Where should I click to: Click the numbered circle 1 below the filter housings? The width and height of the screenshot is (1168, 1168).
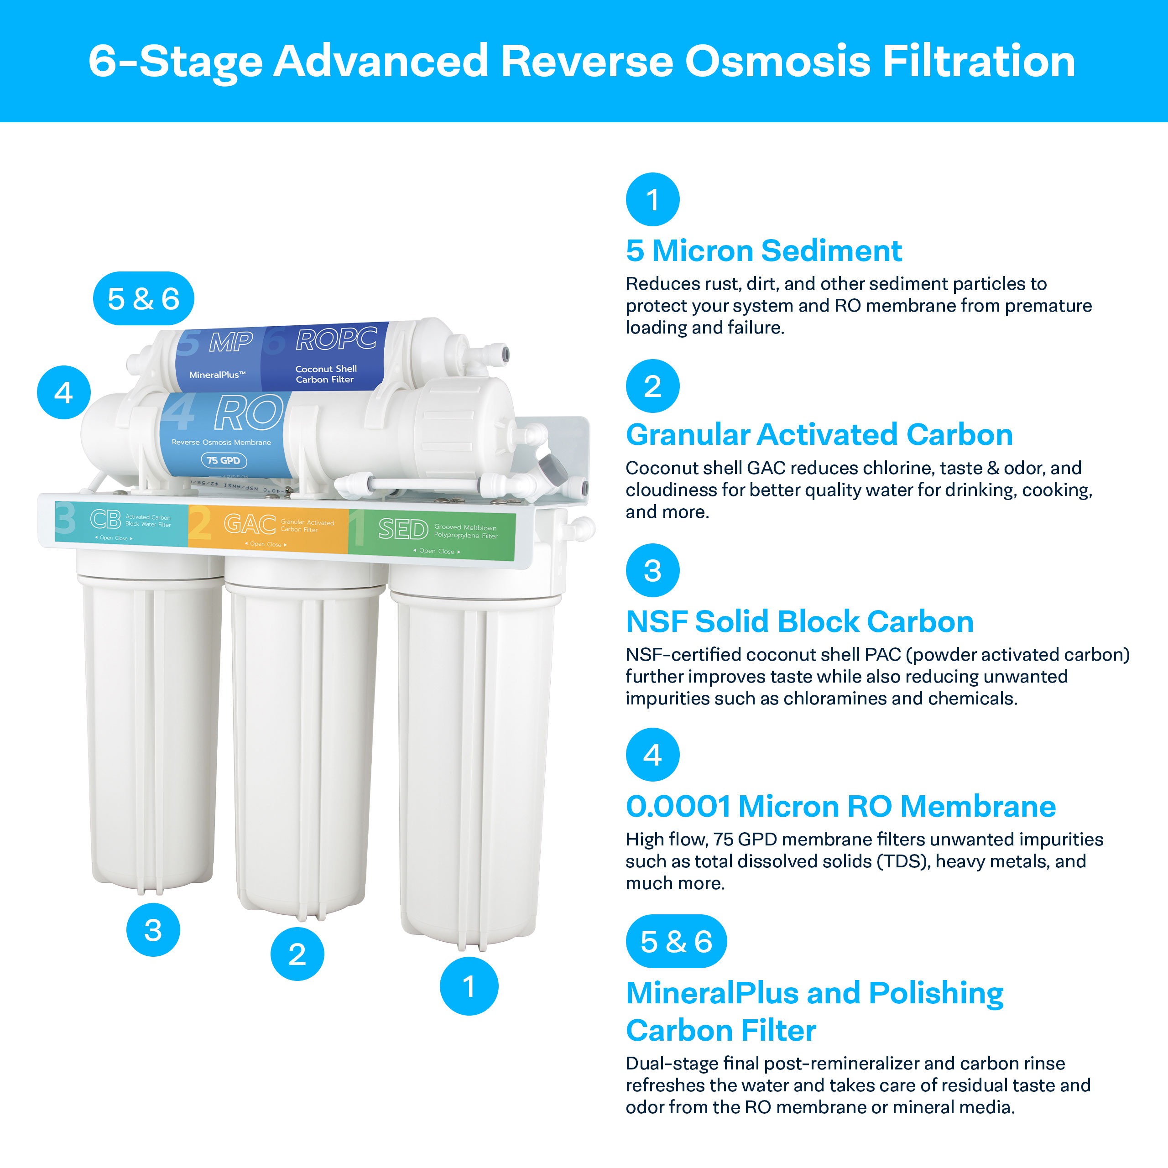tap(469, 986)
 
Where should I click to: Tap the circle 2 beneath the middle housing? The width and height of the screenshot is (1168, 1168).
tap(297, 954)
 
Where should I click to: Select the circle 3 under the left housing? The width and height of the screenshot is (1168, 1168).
tap(153, 930)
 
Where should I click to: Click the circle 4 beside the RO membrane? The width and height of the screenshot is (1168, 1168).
tap(63, 392)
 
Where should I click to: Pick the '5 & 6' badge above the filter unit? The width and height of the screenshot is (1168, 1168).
tap(143, 299)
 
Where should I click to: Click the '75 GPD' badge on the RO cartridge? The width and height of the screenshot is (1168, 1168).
tap(223, 461)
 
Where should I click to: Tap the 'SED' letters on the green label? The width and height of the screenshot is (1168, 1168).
tap(402, 530)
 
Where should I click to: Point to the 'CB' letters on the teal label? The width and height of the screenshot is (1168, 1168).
tap(105, 519)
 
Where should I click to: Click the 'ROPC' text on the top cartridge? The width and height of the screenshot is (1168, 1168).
tap(336, 340)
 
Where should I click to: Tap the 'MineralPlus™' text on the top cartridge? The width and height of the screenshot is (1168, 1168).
tap(217, 375)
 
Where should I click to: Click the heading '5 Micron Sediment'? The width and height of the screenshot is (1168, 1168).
tap(764, 250)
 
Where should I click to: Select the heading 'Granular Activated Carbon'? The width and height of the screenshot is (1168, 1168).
tap(819, 435)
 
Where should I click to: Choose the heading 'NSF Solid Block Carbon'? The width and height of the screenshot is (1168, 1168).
tap(799, 621)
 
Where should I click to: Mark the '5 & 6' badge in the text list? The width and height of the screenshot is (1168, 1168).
tap(676, 941)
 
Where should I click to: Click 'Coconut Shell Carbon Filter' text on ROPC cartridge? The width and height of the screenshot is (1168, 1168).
tap(326, 374)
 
